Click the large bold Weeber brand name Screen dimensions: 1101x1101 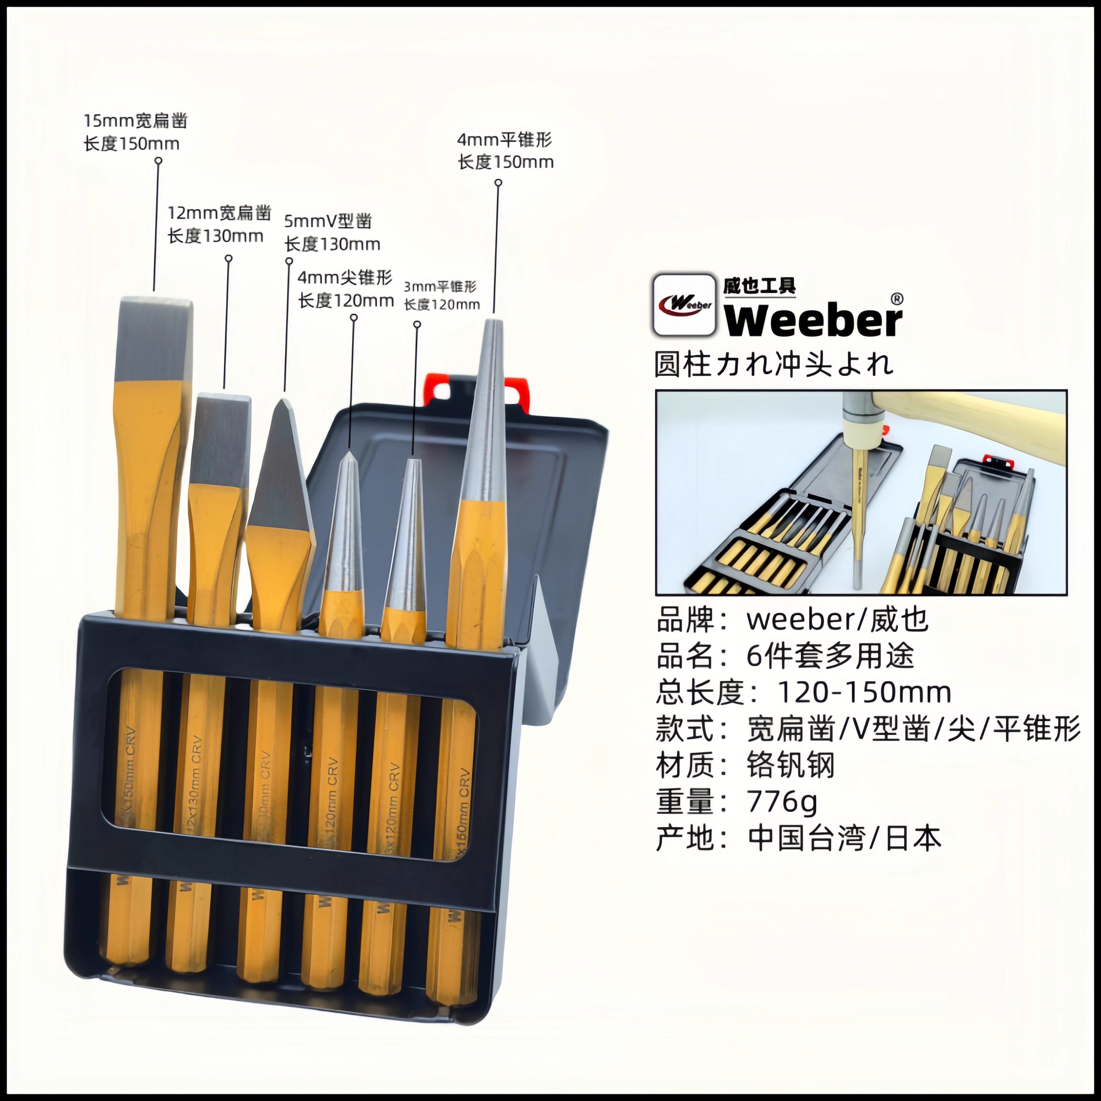click(813, 321)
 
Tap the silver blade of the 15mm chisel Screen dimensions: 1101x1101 click(154, 339)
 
